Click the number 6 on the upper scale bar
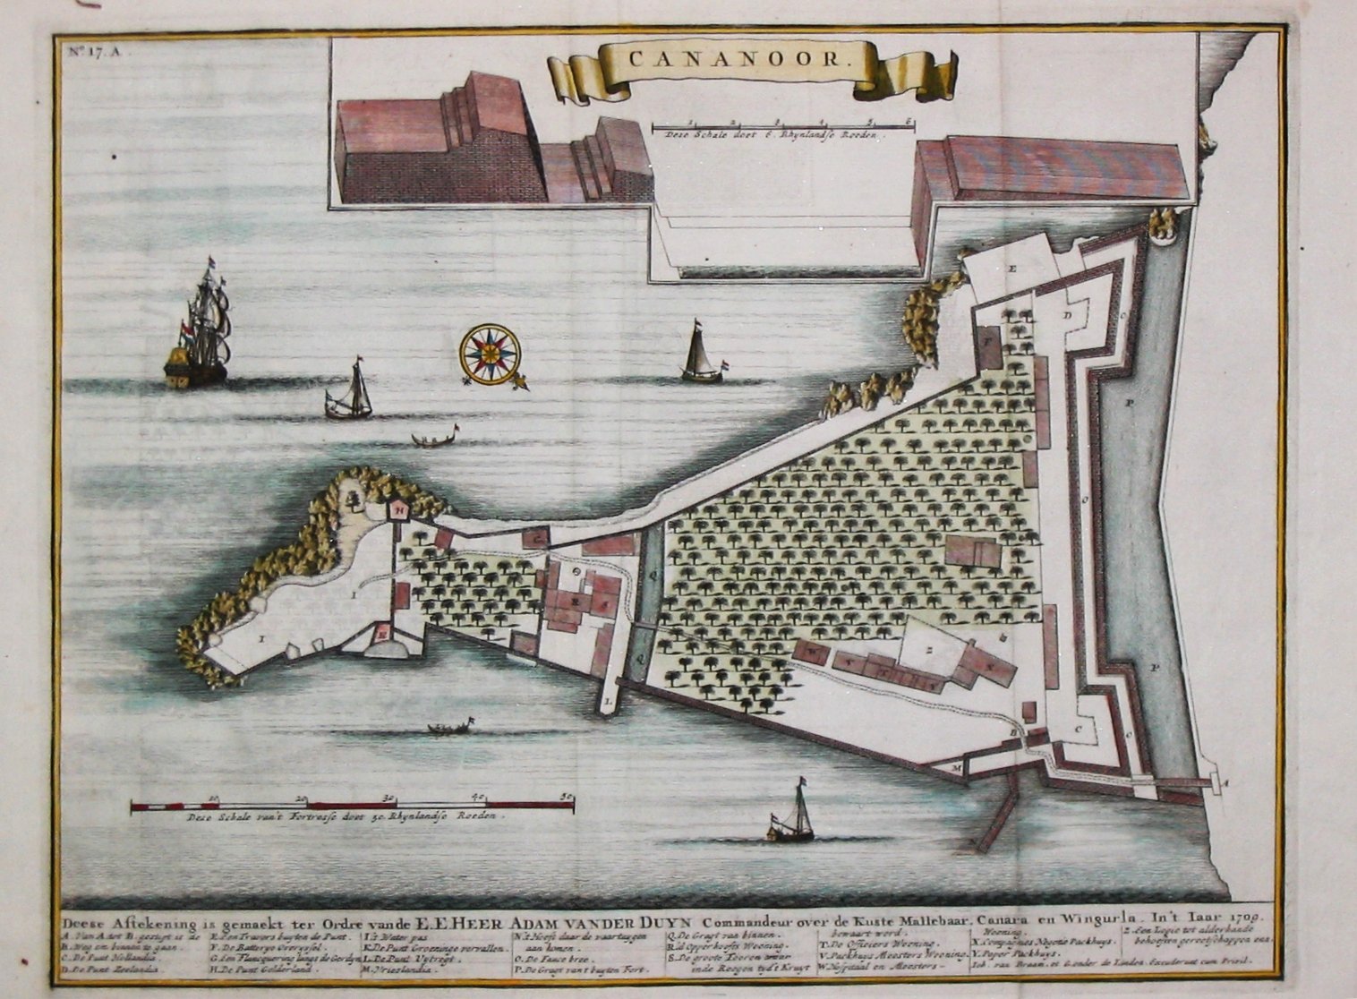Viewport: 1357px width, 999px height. point(909,120)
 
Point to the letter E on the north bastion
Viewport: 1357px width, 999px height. point(1014,269)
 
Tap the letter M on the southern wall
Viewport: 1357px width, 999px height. point(956,767)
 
